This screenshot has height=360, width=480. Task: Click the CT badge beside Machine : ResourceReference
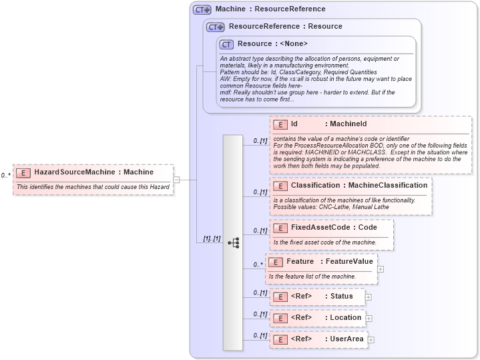[x=202, y=9]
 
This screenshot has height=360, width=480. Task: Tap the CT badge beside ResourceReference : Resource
[x=215, y=27]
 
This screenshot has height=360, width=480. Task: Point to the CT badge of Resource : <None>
[x=227, y=44]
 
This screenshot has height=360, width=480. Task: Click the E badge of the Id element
[x=280, y=124]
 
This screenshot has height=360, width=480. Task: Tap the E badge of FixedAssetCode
[x=280, y=228]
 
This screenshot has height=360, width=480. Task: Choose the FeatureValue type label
[x=349, y=261]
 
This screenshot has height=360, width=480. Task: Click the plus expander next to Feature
[x=381, y=269]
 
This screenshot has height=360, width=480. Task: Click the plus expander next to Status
[x=368, y=297]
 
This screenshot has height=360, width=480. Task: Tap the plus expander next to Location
[x=369, y=318]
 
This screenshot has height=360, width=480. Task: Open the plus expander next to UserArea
[x=371, y=339]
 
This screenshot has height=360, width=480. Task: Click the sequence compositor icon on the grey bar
[x=233, y=243]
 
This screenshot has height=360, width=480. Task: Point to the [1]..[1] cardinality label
[x=212, y=238]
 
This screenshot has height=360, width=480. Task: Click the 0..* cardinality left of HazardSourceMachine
[x=6, y=176]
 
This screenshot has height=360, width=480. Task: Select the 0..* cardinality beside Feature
[x=258, y=264]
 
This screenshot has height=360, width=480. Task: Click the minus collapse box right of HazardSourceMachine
[x=176, y=179]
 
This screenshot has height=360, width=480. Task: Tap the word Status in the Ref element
[x=341, y=297]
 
